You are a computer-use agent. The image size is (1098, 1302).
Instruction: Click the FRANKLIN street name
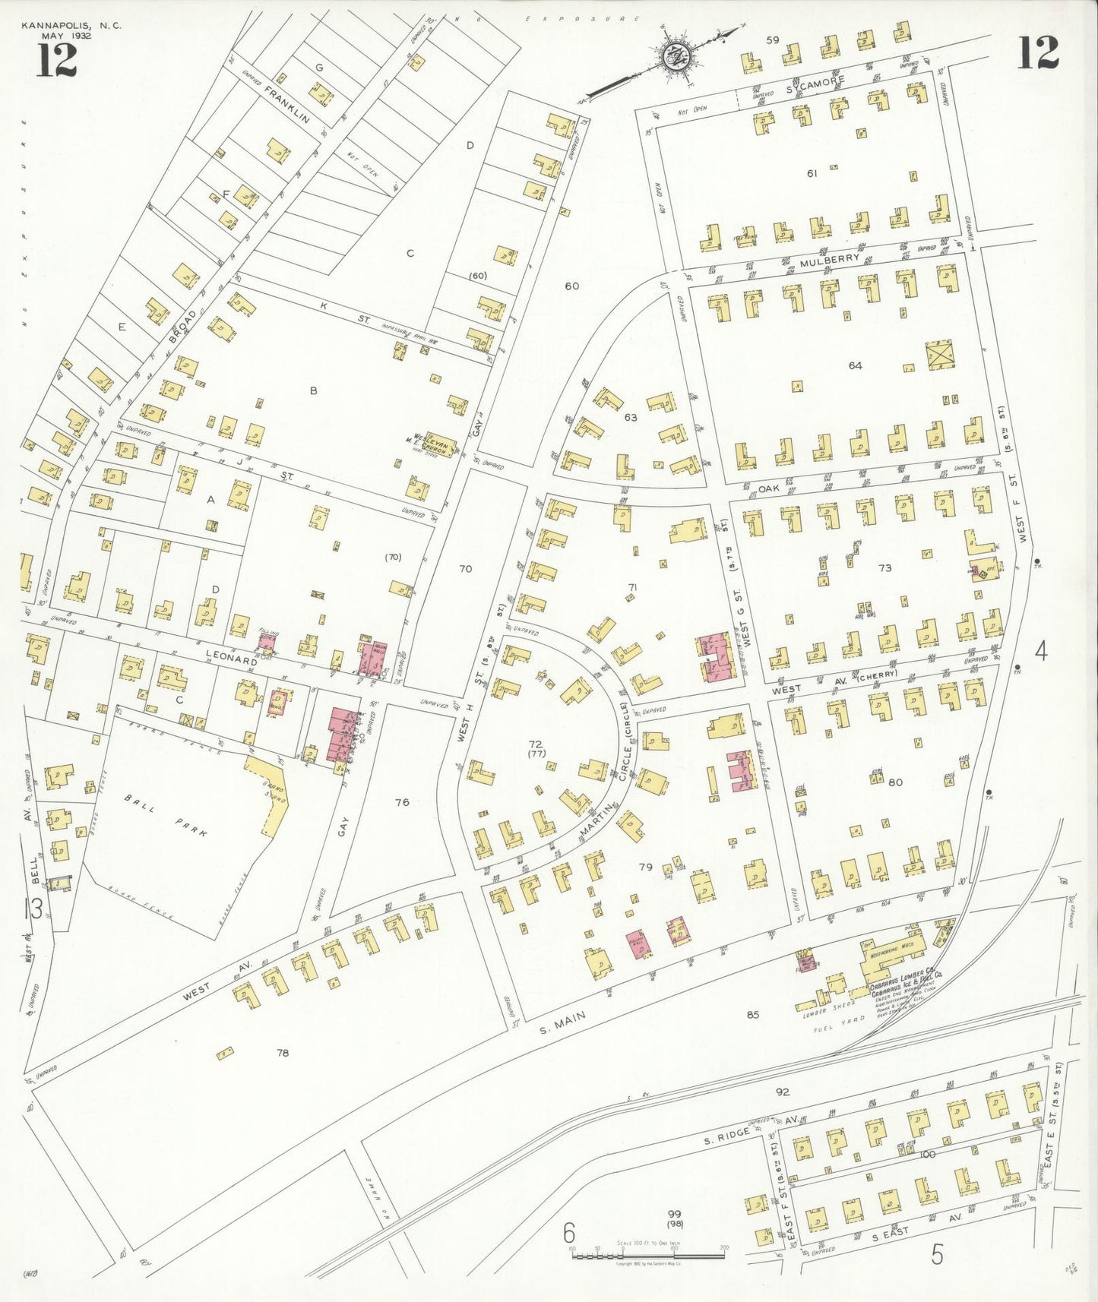tap(287, 104)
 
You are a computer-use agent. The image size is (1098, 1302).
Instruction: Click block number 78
tap(283, 1053)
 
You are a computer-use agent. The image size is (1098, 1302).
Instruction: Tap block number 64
tap(855, 365)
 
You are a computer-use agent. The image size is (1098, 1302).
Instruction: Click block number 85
tap(752, 1014)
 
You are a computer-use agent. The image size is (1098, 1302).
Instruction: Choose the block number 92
tap(783, 1092)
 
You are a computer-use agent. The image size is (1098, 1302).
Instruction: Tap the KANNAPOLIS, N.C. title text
tap(71, 26)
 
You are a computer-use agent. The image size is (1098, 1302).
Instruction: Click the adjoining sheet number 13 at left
tap(33, 908)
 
